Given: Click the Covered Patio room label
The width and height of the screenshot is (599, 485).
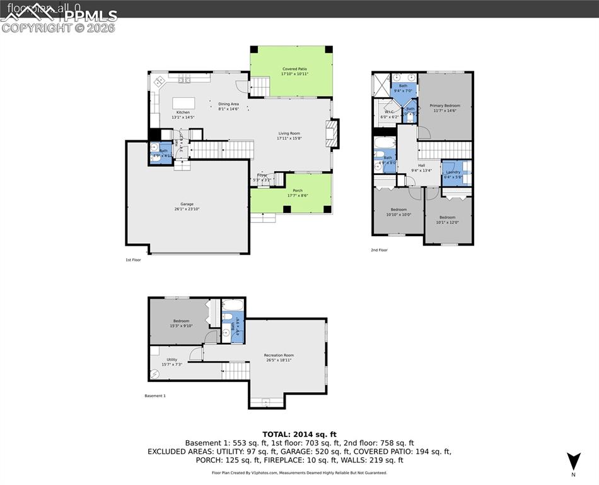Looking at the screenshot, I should [x=294, y=68].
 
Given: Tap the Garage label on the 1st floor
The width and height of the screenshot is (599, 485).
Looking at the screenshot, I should [x=187, y=204].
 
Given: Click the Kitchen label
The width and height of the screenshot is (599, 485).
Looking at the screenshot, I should [x=183, y=112].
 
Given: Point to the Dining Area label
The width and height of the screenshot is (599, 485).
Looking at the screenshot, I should [x=228, y=104].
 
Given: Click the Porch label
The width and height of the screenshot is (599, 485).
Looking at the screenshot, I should [x=298, y=190].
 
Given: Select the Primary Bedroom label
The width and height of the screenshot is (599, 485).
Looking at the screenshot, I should [x=445, y=105].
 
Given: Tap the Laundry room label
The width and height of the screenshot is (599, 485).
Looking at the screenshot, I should [x=453, y=172].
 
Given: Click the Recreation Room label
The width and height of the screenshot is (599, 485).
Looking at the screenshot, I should [x=279, y=355].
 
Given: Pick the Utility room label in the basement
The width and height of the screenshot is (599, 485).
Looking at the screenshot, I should [x=172, y=359].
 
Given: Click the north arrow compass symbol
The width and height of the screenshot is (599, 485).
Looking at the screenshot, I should [x=573, y=461].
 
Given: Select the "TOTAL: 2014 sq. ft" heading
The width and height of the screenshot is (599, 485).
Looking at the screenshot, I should [x=299, y=434].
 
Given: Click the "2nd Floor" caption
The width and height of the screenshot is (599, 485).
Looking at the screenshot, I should [x=379, y=250].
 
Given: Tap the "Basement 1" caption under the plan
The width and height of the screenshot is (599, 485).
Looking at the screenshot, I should [x=155, y=396].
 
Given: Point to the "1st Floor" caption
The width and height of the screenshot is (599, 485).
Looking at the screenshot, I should [x=133, y=260].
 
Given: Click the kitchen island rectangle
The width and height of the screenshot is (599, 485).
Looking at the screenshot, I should [x=183, y=103].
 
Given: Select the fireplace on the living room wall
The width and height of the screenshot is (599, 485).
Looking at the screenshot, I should [x=332, y=133].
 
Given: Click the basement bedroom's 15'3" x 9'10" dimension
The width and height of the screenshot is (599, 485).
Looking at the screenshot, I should [x=179, y=326].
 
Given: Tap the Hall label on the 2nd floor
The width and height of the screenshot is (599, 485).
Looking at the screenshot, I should [x=421, y=165].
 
